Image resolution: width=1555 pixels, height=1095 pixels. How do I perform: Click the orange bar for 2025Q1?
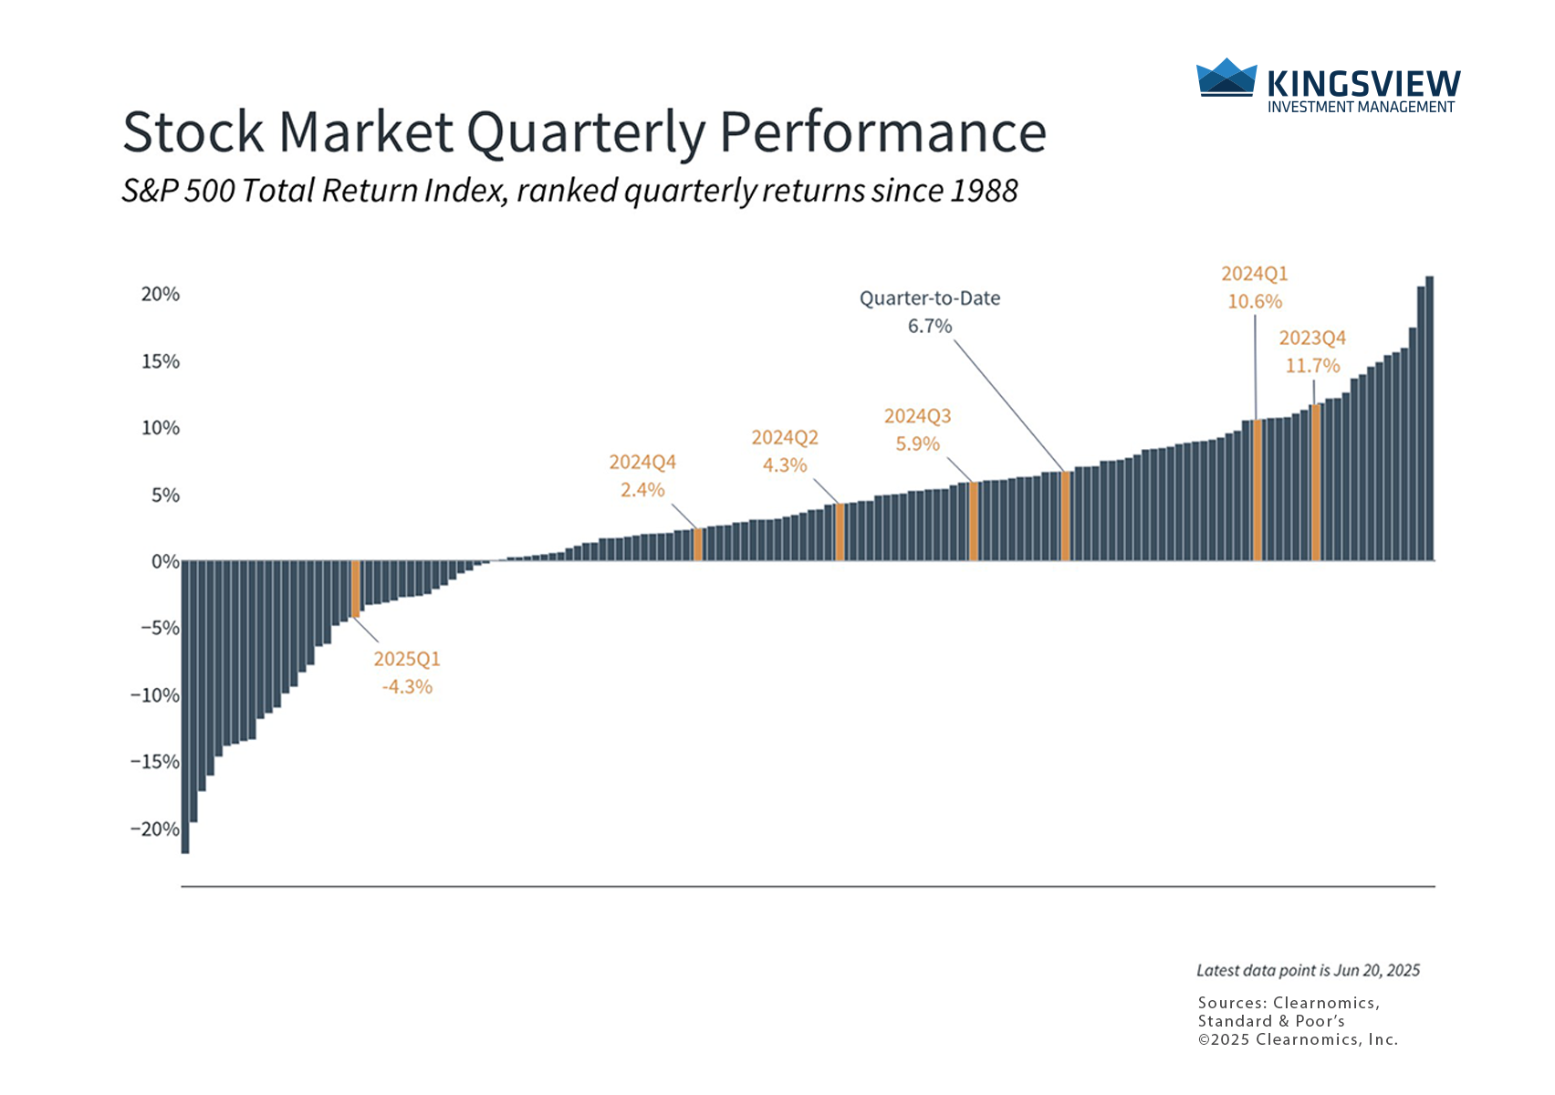(355, 589)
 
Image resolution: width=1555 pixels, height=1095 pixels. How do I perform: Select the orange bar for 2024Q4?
(698, 545)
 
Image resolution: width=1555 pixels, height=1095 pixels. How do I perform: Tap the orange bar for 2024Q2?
(840, 532)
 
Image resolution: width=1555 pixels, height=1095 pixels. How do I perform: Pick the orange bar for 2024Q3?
(974, 521)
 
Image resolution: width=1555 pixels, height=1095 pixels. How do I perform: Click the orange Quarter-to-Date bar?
(1065, 516)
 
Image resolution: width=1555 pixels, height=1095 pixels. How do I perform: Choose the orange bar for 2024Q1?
(1258, 490)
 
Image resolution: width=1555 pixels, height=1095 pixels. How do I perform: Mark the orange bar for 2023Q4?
(1315, 483)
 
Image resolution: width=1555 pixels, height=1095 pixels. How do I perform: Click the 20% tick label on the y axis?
(161, 294)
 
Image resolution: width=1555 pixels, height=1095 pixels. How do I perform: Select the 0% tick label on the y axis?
(165, 562)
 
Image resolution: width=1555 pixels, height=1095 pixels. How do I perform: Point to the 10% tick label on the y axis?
(161, 428)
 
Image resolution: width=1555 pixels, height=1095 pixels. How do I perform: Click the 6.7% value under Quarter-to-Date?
(929, 326)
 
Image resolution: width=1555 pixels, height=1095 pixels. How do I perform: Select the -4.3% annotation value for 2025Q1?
(407, 687)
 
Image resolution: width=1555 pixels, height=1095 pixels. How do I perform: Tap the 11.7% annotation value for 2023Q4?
(1312, 366)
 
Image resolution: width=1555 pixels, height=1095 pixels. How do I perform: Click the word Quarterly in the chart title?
(587, 133)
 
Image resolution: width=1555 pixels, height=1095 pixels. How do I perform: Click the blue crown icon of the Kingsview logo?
(1226, 78)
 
